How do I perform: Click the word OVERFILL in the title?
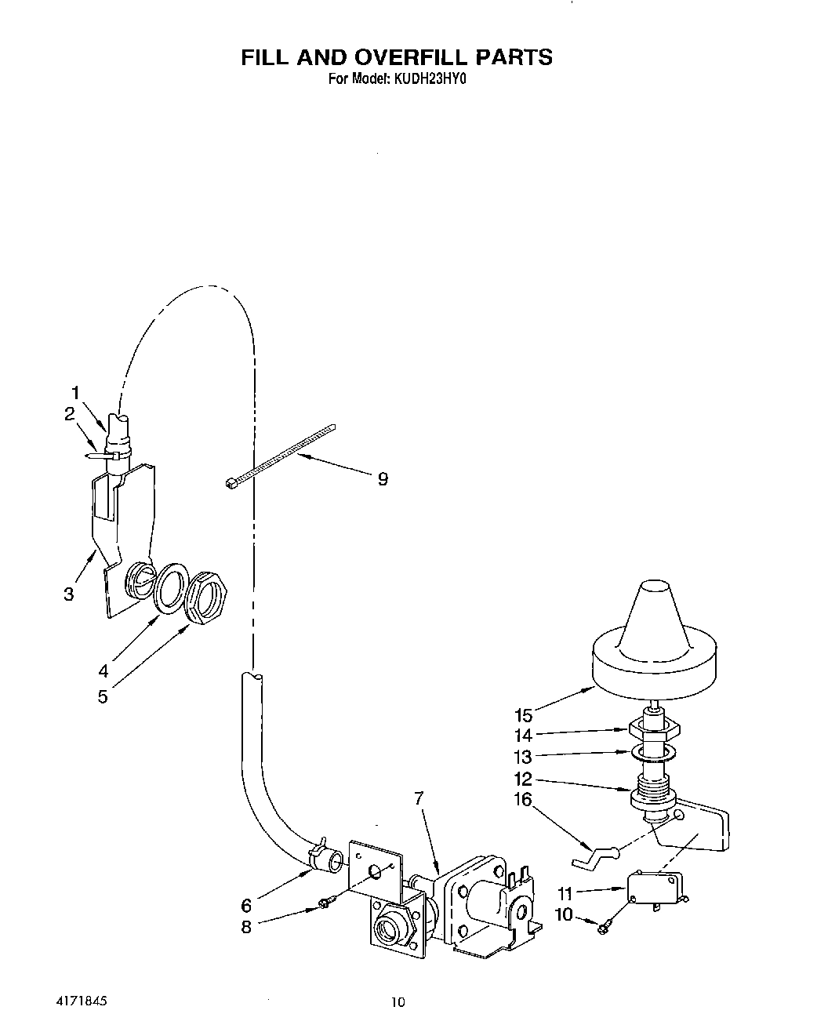tap(400, 57)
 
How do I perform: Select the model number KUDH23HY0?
tap(427, 78)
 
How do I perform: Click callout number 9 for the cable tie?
tap(383, 479)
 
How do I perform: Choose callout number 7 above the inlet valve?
tap(419, 798)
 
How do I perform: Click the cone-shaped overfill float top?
tap(655, 620)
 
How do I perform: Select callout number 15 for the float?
tap(523, 715)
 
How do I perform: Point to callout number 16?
tap(523, 800)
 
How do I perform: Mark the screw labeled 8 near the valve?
tap(323, 907)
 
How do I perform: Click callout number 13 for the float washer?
tap(523, 758)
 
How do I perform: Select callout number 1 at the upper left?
tap(76, 393)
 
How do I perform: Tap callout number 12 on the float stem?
tap(523, 779)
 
